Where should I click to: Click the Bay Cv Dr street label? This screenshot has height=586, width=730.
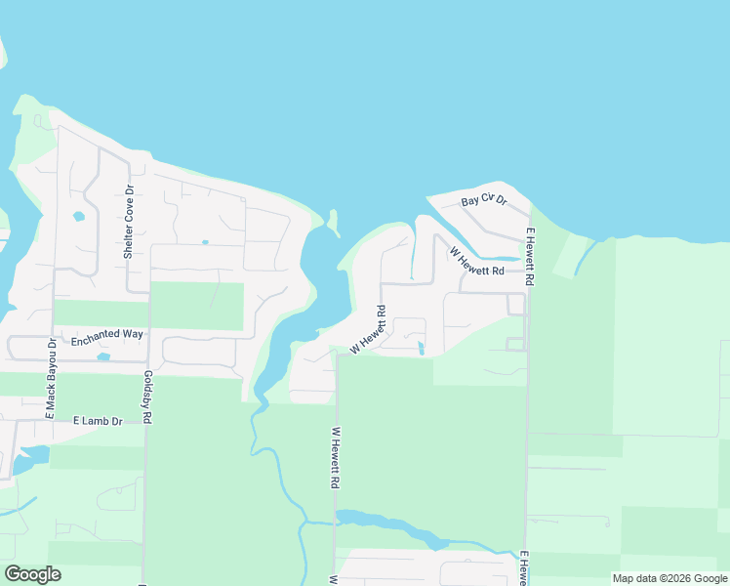[484, 200]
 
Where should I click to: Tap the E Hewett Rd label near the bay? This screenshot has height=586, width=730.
[530, 256]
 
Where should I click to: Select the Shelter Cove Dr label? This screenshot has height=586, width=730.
[128, 222]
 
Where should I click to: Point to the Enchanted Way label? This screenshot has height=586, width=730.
[107, 334]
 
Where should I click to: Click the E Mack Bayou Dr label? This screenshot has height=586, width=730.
[52, 379]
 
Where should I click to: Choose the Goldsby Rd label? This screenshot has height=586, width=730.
[147, 397]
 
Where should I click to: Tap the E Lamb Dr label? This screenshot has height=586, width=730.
[98, 421]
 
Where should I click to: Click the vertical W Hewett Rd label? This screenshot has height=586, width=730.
[335, 457]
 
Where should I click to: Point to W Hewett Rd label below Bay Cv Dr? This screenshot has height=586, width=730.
[476, 262]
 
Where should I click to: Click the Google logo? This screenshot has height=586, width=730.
[32, 574]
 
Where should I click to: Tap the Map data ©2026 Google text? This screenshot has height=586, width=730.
[669, 578]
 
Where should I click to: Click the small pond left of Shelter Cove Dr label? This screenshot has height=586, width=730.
[78, 216]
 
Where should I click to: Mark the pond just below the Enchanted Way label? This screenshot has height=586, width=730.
[103, 356]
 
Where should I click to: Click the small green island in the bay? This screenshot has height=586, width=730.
[333, 223]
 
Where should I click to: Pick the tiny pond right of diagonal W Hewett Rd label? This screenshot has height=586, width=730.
[421, 348]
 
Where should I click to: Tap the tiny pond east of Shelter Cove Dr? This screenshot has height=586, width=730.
[205, 242]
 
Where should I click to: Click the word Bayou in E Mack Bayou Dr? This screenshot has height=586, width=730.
[52, 374]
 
